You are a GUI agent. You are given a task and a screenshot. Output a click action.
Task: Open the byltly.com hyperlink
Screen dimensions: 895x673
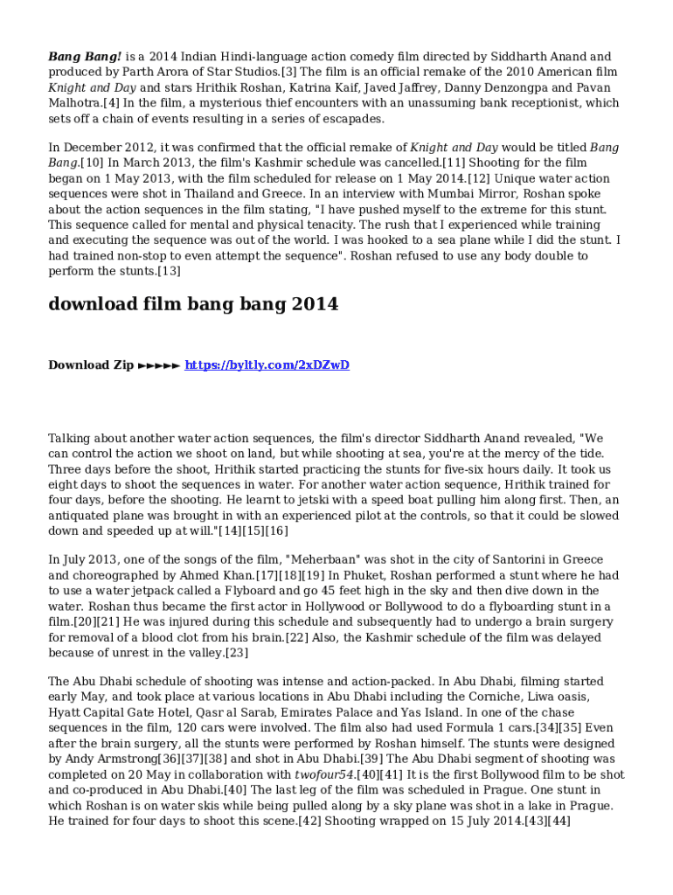click(x=267, y=365)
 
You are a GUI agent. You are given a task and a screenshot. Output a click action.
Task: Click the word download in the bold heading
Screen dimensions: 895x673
click(x=93, y=305)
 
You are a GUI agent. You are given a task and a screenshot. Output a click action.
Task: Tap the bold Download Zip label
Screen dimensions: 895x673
click(x=91, y=365)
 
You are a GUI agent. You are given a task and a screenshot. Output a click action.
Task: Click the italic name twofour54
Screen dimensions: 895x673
click(x=325, y=774)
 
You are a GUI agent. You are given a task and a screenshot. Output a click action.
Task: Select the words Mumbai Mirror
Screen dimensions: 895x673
click(x=470, y=194)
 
